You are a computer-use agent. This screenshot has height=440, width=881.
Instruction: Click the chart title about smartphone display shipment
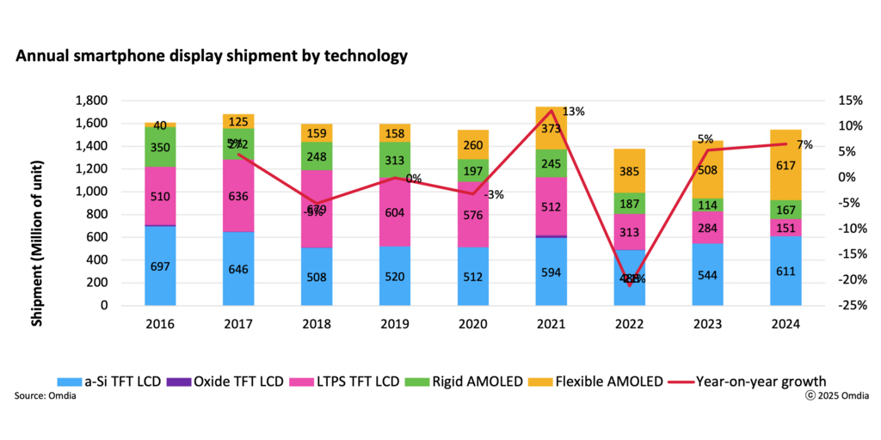212,57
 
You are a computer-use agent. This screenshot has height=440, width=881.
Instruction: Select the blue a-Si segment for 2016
160,266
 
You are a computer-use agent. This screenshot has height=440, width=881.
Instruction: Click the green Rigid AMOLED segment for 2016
160,147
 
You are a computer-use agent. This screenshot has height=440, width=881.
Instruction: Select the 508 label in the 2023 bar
708,169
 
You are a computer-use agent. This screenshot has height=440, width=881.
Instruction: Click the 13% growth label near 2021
574,112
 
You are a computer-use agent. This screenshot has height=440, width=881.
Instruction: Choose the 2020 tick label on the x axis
473,324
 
